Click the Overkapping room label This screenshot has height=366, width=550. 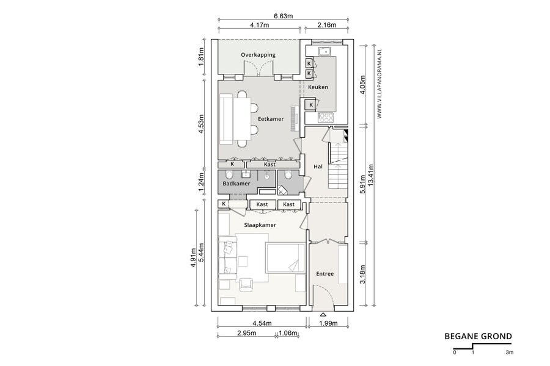pyautogui.click(x=258, y=55)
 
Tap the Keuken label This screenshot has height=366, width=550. pyautogui.click(x=318, y=87)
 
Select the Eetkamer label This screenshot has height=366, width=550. pyautogui.click(x=271, y=119)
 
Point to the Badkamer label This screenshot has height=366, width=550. pyautogui.click(x=237, y=184)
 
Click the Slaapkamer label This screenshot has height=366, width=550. pyautogui.click(x=260, y=225)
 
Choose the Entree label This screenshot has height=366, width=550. pyautogui.click(x=325, y=274)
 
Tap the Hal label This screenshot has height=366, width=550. pyautogui.click(x=318, y=167)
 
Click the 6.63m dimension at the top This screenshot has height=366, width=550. pyautogui.click(x=284, y=16)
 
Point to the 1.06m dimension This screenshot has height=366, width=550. pyautogui.click(x=288, y=333)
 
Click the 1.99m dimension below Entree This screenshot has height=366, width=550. pyautogui.click(x=328, y=323)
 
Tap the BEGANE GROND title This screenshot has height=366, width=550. pyautogui.click(x=478, y=337)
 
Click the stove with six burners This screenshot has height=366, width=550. pyautogui.click(x=326, y=118)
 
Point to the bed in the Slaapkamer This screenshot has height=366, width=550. pyautogui.click(x=285, y=257)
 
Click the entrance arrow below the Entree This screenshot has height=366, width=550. pyautogui.click(x=323, y=314)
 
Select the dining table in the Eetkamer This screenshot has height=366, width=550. pyautogui.click(x=243, y=120)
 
